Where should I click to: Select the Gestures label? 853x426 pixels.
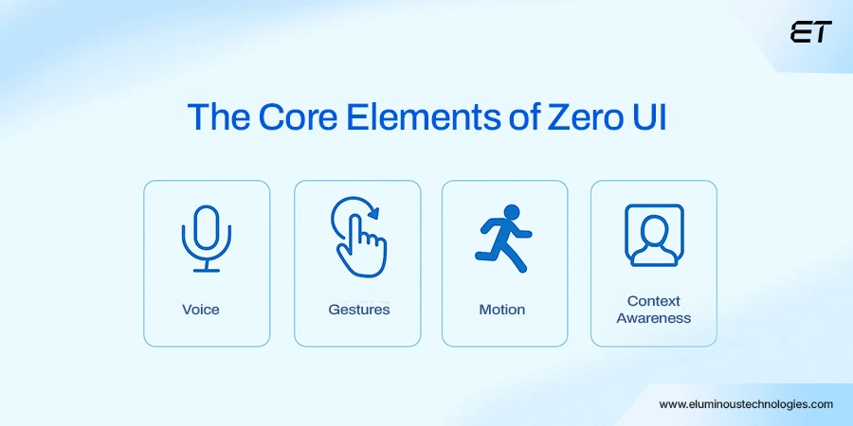click(358, 310)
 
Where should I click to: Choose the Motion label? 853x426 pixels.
click(502, 310)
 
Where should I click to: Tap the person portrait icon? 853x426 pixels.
click(653, 235)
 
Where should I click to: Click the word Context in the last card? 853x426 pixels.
click(654, 302)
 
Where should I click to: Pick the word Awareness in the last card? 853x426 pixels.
click(654, 318)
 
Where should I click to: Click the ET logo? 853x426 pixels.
click(810, 31)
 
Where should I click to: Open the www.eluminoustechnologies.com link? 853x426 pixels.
click(746, 403)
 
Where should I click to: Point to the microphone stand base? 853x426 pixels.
click(207, 270)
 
